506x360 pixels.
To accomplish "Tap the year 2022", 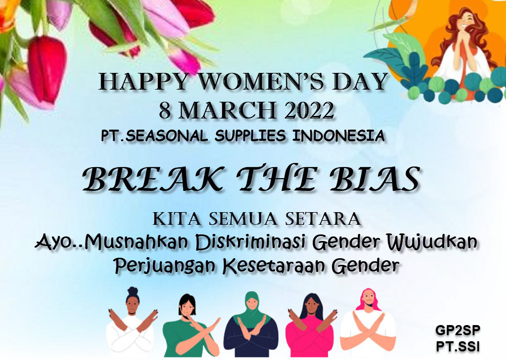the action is [309, 110].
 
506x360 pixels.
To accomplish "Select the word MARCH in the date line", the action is [227, 110].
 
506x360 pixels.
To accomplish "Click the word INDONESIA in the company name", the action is [339, 136].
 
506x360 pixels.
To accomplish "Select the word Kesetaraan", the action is [274, 266].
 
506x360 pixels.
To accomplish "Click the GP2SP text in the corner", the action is [457, 330].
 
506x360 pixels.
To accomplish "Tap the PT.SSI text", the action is [457, 346].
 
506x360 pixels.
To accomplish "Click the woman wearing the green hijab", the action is [251, 325].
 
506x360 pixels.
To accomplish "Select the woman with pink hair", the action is [368, 323].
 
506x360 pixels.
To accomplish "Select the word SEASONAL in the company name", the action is [166, 136].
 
